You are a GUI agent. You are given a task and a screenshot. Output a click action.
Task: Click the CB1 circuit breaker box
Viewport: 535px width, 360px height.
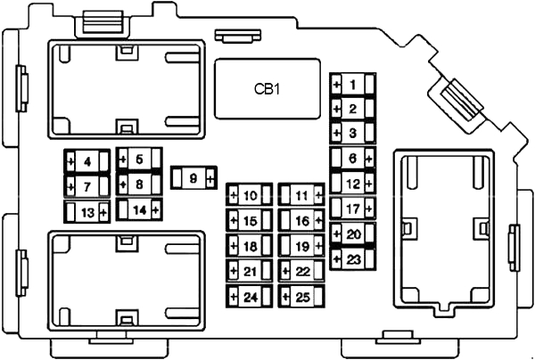point(267,89)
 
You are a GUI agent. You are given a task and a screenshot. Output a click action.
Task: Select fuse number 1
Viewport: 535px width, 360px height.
point(353,84)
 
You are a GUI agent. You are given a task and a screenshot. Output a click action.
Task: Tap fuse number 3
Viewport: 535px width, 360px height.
point(353,133)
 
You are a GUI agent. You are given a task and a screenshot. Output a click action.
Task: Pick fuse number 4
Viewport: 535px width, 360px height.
point(87,161)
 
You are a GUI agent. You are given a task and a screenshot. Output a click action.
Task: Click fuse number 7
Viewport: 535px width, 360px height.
point(87,186)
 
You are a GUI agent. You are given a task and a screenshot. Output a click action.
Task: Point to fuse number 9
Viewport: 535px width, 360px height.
point(193,178)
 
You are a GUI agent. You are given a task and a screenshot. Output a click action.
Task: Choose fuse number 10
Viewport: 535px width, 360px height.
point(250,195)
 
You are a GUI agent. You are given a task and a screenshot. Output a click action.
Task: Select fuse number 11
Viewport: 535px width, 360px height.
point(301,195)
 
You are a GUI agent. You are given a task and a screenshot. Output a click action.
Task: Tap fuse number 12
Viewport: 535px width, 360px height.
point(353,184)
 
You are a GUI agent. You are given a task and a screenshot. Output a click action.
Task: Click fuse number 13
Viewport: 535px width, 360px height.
point(87,212)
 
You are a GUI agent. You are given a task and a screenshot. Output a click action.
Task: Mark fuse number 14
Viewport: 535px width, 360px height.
point(139,210)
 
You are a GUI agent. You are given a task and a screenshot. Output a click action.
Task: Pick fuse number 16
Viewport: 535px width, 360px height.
point(301,221)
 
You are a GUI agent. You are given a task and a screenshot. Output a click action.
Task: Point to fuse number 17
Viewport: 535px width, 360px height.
point(353,209)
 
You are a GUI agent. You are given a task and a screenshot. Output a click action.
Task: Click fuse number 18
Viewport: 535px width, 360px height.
point(250,246)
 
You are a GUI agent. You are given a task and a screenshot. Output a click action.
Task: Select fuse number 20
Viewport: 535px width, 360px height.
point(353,234)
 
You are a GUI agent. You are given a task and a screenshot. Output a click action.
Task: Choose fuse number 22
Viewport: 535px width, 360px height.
point(301,272)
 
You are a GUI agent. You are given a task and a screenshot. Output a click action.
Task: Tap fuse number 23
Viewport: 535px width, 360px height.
point(353,259)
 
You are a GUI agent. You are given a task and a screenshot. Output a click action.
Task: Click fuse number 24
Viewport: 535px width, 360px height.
point(250,297)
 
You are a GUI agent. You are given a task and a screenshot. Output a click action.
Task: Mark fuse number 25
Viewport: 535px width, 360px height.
point(301,297)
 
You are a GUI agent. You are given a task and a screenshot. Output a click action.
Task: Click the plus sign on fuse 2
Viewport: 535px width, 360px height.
point(337,109)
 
